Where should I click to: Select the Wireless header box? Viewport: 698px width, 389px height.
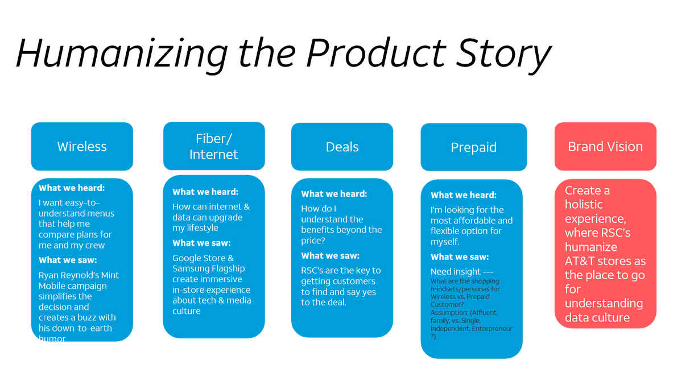[x=82, y=147]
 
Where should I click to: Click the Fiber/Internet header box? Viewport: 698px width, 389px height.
[x=214, y=146]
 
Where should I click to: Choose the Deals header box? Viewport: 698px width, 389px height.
[x=342, y=147]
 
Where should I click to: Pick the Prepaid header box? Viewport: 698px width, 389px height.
[x=473, y=147]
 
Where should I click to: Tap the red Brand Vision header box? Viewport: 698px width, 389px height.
[x=605, y=146]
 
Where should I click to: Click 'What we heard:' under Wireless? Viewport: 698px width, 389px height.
[x=72, y=188]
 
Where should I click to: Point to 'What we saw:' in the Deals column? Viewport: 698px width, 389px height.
[x=330, y=256]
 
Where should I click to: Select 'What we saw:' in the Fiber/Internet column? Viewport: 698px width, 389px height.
[x=201, y=243]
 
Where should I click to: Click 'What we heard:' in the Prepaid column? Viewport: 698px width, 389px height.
[x=463, y=195]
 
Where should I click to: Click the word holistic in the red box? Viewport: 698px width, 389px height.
[x=584, y=205]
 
